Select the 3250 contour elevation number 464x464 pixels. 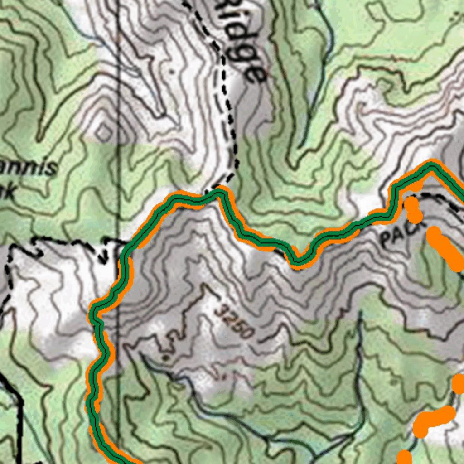(x=234, y=322)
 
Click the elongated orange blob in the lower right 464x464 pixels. (x=433, y=419)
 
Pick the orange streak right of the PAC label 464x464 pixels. (x=444, y=247)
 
